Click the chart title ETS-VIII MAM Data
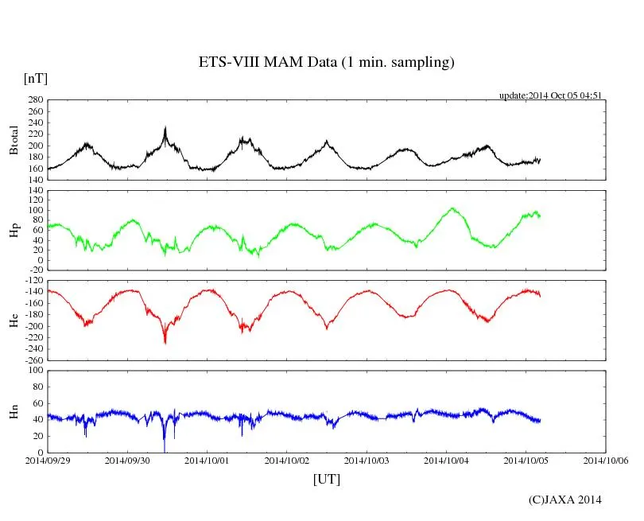(326, 63)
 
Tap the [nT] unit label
(36, 79)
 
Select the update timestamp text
(549, 95)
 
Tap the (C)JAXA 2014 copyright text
(564, 500)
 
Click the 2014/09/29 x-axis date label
(48, 460)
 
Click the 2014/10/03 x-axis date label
(367, 460)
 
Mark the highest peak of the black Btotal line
(165, 127)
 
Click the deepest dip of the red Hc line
(165, 343)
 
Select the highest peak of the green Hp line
(452, 208)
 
